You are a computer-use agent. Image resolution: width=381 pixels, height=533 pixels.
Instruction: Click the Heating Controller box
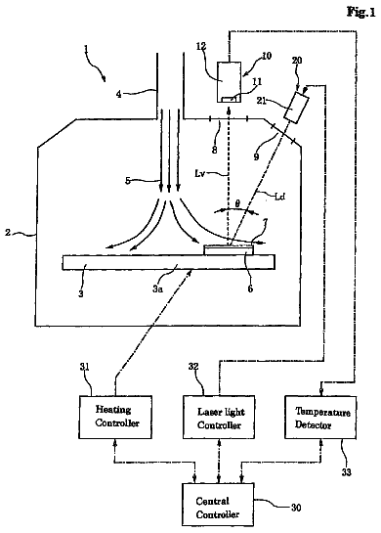pyautogui.click(x=115, y=417)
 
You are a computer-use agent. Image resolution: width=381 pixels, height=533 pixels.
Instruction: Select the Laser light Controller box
pyautogui.click(x=219, y=417)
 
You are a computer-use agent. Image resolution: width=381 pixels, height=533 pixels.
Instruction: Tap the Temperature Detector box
pyautogui.click(x=320, y=417)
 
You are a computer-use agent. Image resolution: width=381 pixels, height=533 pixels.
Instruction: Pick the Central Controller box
pyautogui.click(x=218, y=505)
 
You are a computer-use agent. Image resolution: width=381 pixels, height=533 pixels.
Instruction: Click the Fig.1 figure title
pyautogui.click(x=360, y=13)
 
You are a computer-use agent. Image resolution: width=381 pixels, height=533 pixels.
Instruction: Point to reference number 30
pyautogui.click(x=296, y=508)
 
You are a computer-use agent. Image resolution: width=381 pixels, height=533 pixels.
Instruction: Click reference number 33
pyautogui.click(x=347, y=472)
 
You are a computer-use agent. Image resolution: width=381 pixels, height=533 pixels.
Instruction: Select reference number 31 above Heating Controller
pyautogui.click(x=85, y=367)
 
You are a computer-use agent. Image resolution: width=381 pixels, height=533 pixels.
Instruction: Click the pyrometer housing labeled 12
pyautogui.click(x=229, y=82)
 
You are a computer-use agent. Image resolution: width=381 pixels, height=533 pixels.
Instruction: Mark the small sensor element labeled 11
pyautogui.click(x=230, y=99)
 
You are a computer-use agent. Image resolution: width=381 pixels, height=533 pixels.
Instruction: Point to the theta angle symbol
pyautogui.click(x=237, y=204)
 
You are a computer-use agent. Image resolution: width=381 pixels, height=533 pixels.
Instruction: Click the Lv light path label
pyautogui.click(x=199, y=174)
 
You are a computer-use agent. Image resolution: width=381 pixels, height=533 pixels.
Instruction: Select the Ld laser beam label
pyautogui.click(x=279, y=197)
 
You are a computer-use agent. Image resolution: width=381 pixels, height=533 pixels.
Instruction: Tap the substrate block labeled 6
pyautogui.click(x=229, y=249)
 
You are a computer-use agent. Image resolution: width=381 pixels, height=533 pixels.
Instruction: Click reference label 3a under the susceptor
pyautogui.click(x=157, y=289)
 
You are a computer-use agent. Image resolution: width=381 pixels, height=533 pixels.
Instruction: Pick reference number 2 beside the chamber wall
pyautogui.click(x=8, y=233)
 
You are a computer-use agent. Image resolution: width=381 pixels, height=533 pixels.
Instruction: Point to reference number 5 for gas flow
pyautogui.click(x=128, y=181)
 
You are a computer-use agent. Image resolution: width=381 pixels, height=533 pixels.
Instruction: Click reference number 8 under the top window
pyautogui.click(x=214, y=150)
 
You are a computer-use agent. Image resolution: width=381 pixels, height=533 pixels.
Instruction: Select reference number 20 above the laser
pyautogui.click(x=297, y=62)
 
